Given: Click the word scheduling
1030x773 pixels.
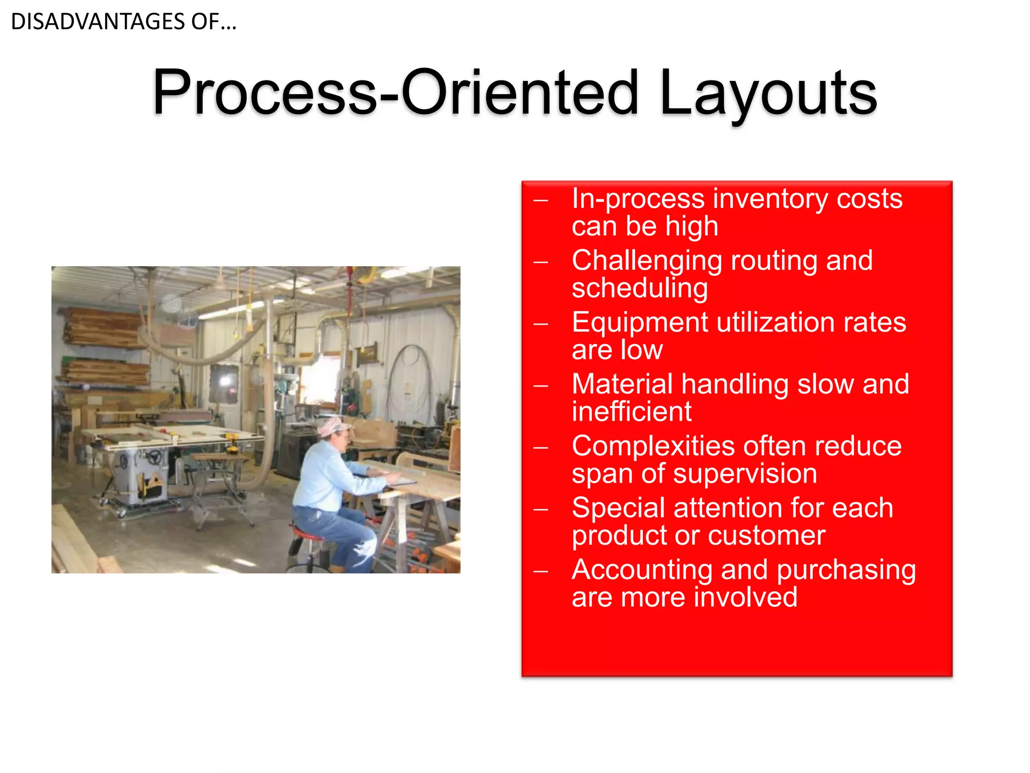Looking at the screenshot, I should [640, 288].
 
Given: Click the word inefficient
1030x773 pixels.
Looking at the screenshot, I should [632, 412].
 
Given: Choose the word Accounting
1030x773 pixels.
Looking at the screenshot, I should [642, 570].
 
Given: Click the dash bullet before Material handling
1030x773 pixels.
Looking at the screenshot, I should [541, 386].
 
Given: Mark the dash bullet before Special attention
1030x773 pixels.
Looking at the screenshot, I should [541, 509].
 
